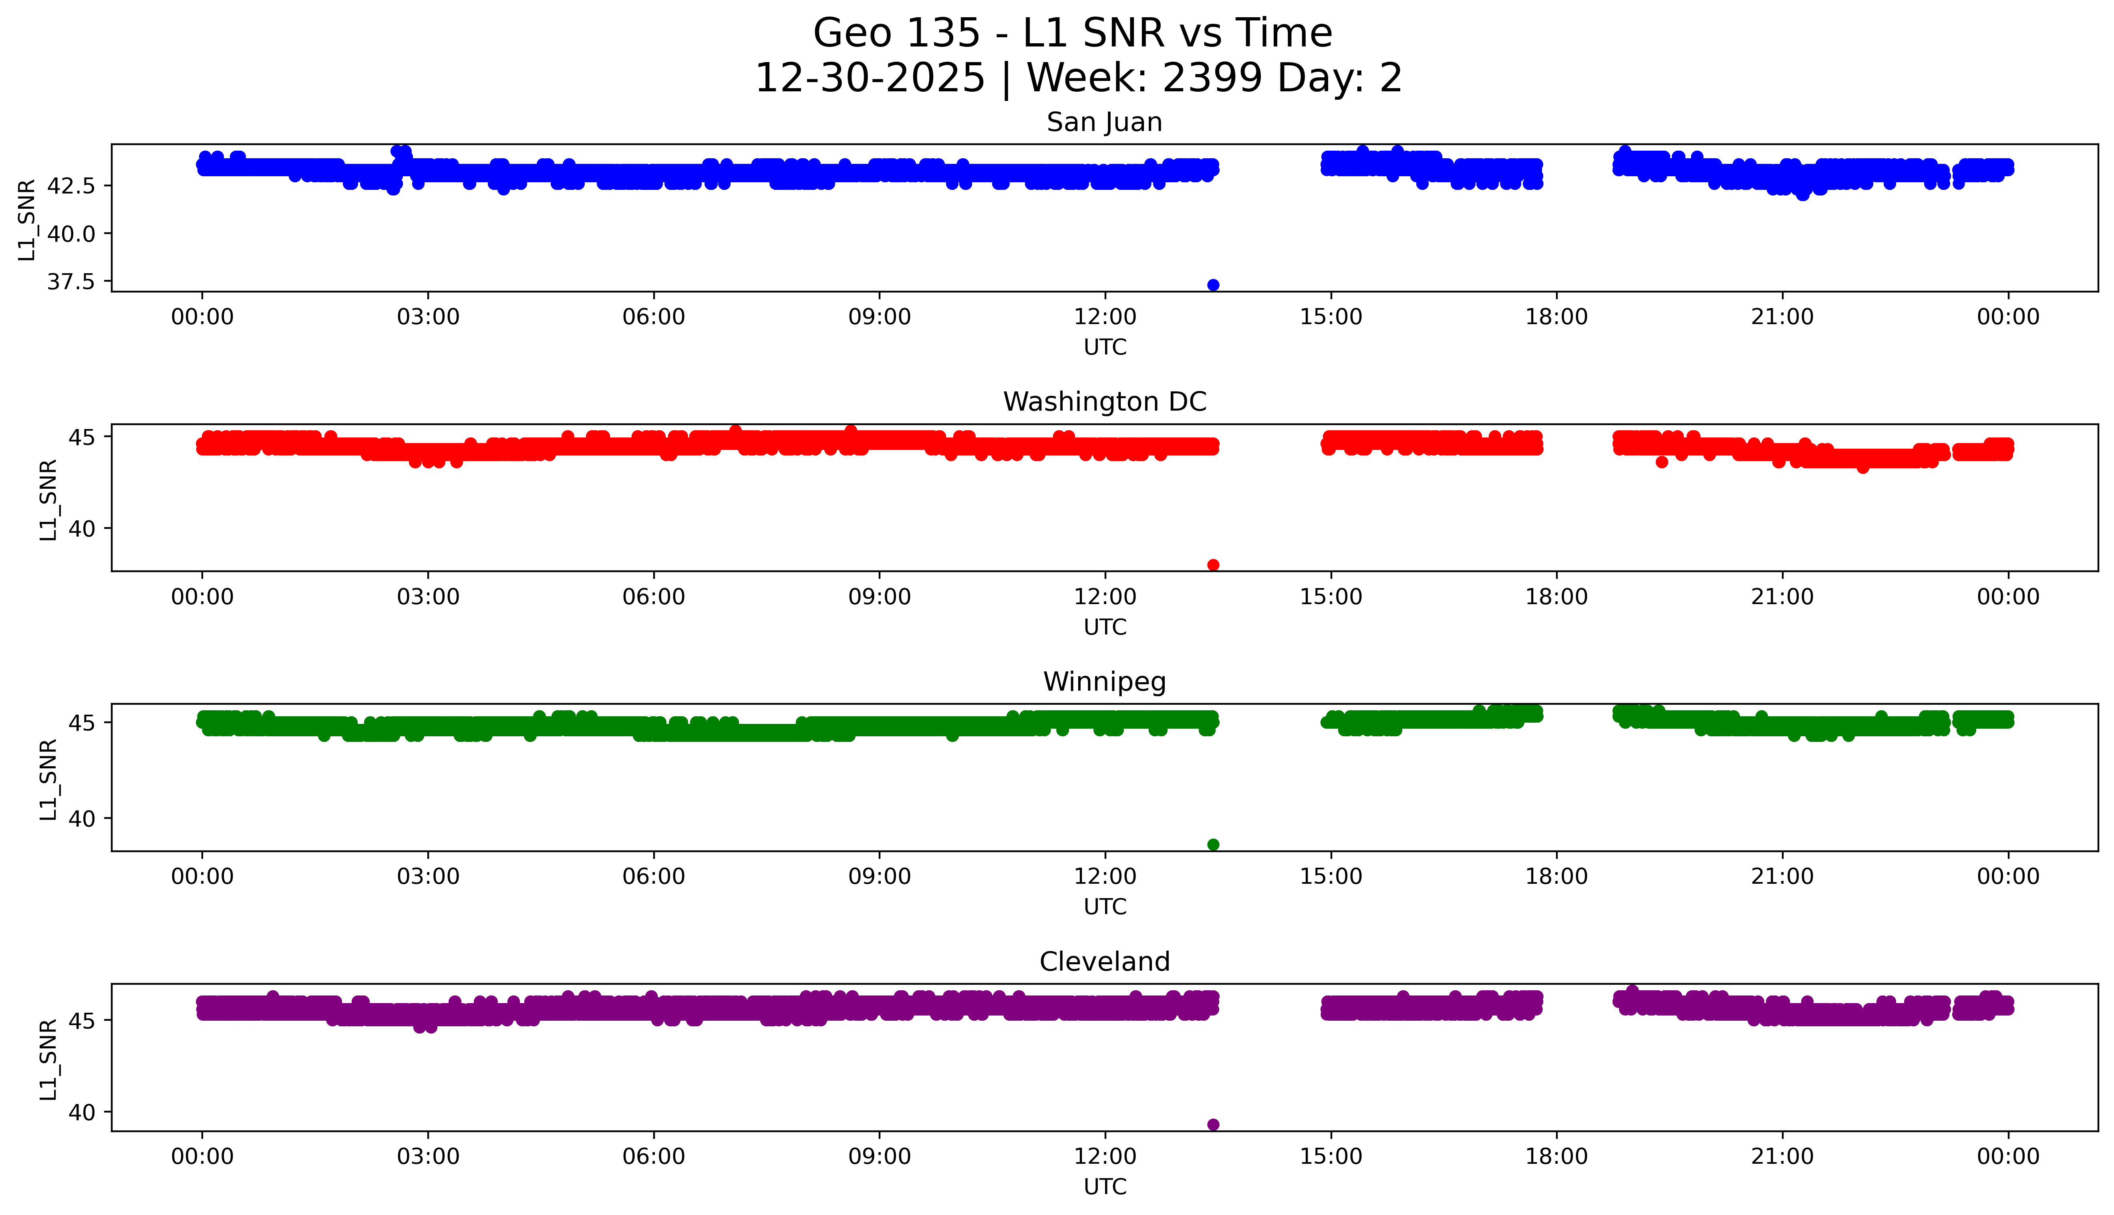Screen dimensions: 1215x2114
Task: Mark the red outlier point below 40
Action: [x=1213, y=565]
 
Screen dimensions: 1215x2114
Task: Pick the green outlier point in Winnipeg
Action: [x=1213, y=844]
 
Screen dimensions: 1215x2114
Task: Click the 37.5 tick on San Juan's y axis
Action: [x=71, y=282]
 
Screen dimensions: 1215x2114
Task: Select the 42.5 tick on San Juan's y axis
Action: [x=71, y=185]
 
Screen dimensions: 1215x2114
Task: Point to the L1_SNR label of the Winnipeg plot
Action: [x=48, y=780]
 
